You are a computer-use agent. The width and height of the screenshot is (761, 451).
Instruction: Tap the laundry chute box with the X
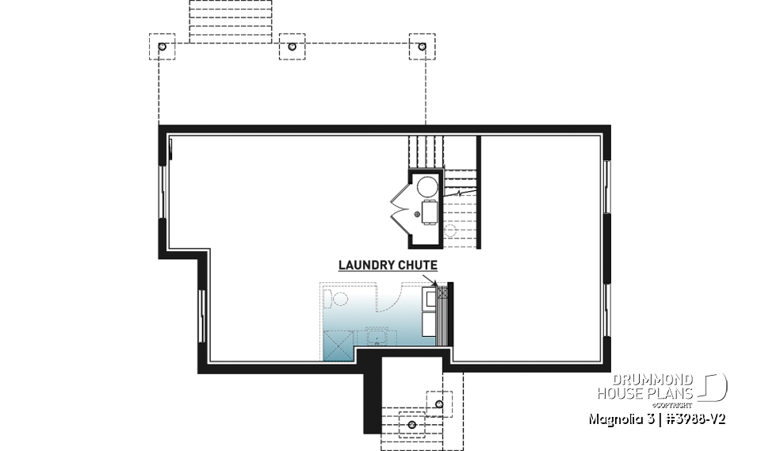[x=442, y=293]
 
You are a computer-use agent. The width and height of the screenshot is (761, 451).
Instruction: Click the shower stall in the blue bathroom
[x=335, y=345]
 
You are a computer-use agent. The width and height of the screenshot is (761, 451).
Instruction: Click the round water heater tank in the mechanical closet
[x=428, y=187]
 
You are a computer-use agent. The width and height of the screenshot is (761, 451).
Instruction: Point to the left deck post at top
[x=163, y=47]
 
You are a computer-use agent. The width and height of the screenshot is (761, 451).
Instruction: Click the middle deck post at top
[x=293, y=47]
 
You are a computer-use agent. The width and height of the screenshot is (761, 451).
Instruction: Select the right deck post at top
[x=421, y=47]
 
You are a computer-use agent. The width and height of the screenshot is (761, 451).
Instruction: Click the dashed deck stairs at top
[x=231, y=19]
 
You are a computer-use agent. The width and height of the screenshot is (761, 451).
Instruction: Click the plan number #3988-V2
[x=690, y=418]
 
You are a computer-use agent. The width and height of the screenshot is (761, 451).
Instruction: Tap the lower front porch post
[x=411, y=424]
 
